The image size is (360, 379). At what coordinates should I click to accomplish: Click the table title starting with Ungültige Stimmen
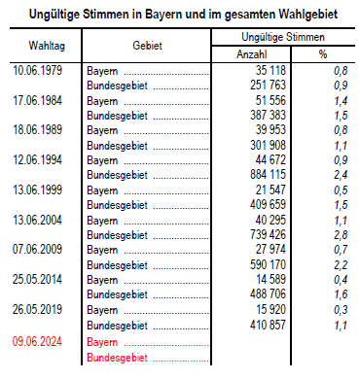coord(180,12)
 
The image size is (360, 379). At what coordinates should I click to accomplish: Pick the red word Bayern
coord(103,343)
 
